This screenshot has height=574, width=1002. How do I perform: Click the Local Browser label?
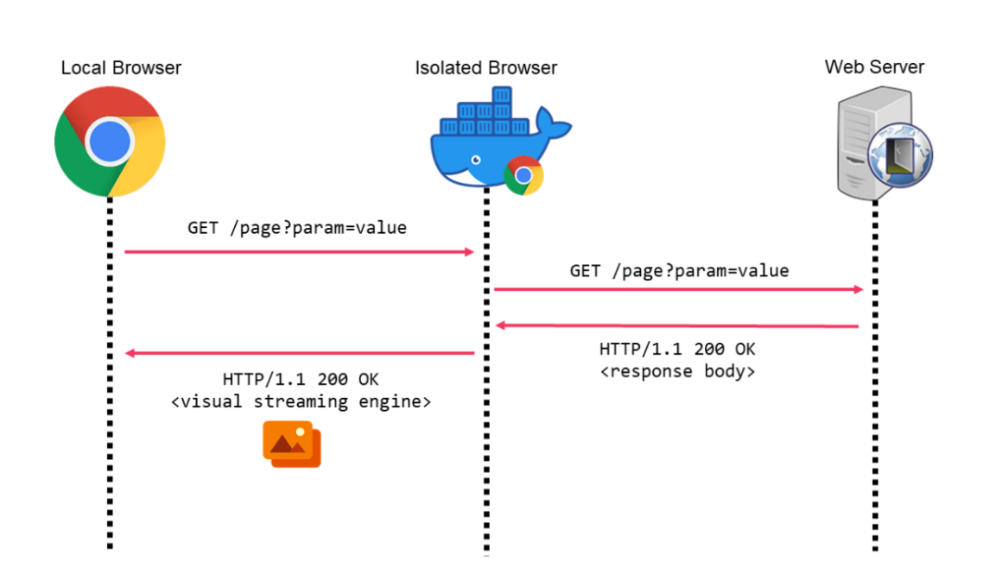click(121, 67)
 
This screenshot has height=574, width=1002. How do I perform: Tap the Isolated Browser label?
click(485, 67)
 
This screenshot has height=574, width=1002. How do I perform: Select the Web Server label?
click(874, 66)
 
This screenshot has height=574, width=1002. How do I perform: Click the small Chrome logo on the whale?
click(523, 175)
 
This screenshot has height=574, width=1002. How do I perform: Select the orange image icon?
click(292, 444)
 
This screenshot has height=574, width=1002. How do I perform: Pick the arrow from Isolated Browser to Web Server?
click(678, 289)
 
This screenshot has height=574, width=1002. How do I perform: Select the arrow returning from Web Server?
click(678, 325)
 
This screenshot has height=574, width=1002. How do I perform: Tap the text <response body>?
click(677, 371)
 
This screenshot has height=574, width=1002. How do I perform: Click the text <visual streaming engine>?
click(300, 401)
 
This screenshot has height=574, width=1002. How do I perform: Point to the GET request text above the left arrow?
click(296, 229)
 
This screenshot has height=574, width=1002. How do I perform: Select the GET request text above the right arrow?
click(679, 270)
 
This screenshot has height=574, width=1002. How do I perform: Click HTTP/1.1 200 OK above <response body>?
click(677, 350)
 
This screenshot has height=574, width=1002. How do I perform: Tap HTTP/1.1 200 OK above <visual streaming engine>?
click(300, 379)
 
